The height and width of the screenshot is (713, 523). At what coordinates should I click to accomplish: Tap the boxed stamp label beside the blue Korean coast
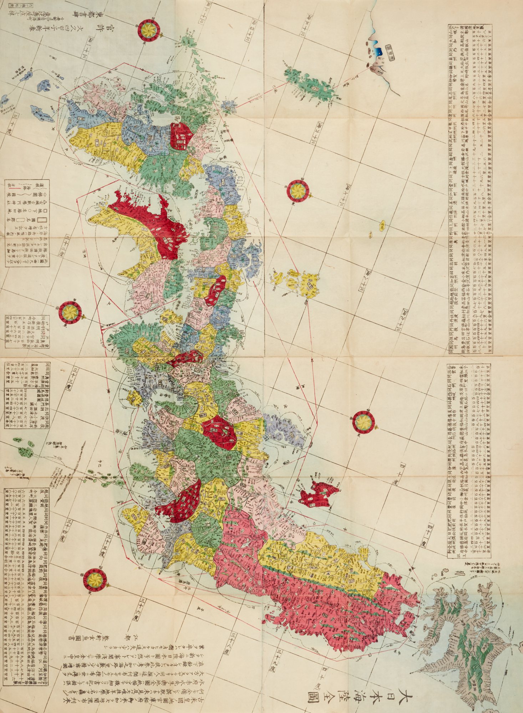(392, 50)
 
